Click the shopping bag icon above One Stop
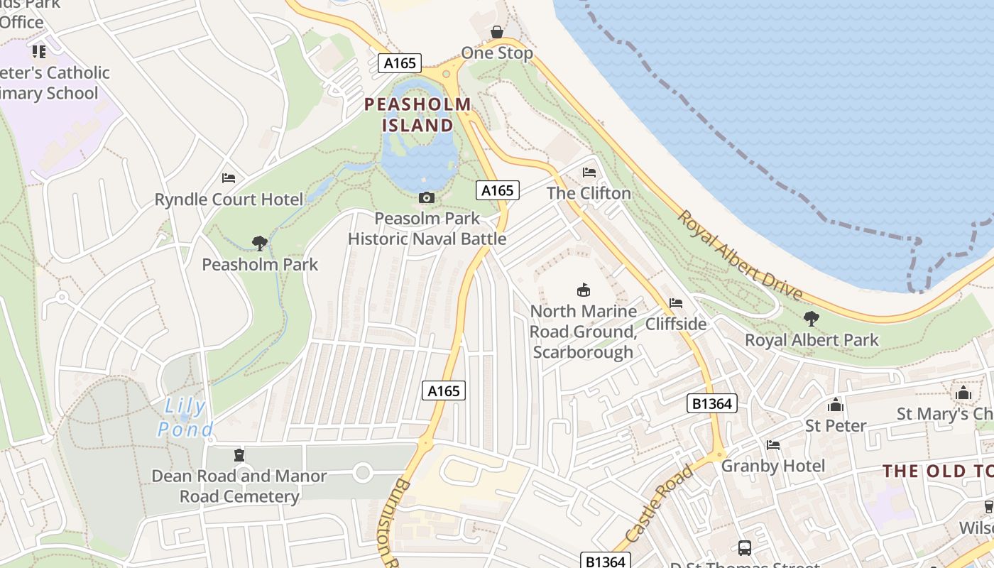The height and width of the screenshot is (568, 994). [497, 32]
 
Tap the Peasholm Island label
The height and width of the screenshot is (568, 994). [417, 115]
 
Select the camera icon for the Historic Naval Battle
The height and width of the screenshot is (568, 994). [427, 197]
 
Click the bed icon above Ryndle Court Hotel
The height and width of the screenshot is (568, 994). [229, 177]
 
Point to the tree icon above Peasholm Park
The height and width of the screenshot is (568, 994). [260, 244]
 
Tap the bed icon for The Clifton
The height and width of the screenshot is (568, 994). [589, 172]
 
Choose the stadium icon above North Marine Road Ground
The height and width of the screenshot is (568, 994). [583, 290]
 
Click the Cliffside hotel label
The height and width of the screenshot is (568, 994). [675, 324]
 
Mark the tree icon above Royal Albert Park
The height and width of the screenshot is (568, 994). [811, 319]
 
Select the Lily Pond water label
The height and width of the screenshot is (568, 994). [185, 418]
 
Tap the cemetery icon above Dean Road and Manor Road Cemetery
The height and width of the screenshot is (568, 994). [239, 455]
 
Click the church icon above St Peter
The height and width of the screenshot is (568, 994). [836, 405]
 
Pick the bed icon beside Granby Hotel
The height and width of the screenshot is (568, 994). [773, 445]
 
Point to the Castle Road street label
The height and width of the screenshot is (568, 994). [660, 504]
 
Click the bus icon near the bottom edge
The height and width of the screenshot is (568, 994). [744, 547]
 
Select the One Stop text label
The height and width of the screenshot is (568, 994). [497, 53]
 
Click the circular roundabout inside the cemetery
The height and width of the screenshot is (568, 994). [363, 472]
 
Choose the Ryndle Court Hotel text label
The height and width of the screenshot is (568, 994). [229, 200]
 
